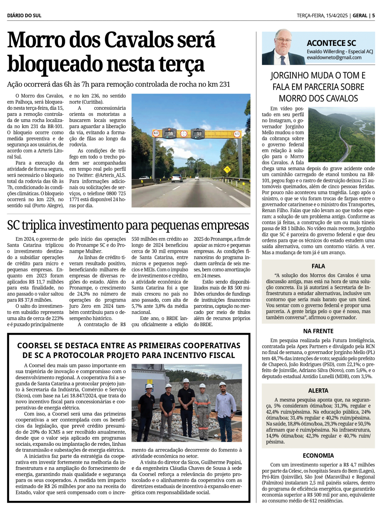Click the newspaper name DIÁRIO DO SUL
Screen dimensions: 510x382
24,16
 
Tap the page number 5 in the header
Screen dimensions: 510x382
373,16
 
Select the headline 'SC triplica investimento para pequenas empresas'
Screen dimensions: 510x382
128,226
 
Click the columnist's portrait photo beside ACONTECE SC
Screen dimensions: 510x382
283,47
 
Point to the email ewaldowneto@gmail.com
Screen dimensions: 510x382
334,58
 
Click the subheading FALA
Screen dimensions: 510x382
318,266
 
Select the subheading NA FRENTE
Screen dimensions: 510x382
318,331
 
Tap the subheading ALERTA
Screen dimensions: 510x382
318,391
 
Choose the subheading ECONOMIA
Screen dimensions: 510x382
318,456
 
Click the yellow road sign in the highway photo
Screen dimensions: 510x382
227,170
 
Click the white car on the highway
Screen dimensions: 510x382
176,178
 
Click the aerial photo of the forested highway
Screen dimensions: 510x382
341,135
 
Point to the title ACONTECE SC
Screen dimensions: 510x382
331,43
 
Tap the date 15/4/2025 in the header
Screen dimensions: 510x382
337,16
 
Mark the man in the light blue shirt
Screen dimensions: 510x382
226,409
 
